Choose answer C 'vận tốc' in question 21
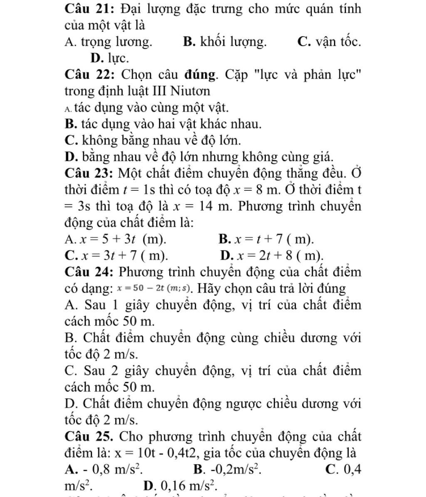click(329, 42)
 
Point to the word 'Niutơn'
click(189, 91)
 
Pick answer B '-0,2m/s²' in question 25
click(228, 469)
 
